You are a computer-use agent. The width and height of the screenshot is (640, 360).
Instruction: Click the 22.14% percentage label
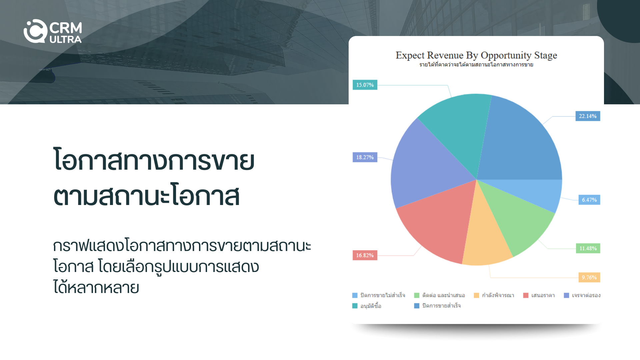pyautogui.click(x=588, y=116)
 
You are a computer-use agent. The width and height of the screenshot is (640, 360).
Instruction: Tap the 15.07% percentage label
pyautogui.click(x=365, y=85)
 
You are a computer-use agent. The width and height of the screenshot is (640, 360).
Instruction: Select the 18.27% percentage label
pyautogui.click(x=365, y=157)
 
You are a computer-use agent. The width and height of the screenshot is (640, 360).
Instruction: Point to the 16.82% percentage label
pyautogui.click(x=365, y=255)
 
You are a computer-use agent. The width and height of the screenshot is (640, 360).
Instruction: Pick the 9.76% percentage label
pyautogui.click(x=589, y=277)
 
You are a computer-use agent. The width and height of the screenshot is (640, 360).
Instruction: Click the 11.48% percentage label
pyautogui.click(x=588, y=248)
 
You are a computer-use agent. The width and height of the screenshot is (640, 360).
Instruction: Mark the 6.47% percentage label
pyautogui.click(x=589, y=200)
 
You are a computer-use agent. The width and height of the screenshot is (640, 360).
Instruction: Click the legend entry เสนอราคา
pyautogui.click(x=539, y=295)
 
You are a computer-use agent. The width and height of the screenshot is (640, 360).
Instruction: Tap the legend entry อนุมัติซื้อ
pyautogui.click(x=367, y=306)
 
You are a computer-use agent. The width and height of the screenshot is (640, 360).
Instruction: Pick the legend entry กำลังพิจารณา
pyautogui.click(x=494, y=295)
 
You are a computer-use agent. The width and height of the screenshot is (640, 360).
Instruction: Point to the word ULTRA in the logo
pyautogui.click(x=66, y=39)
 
